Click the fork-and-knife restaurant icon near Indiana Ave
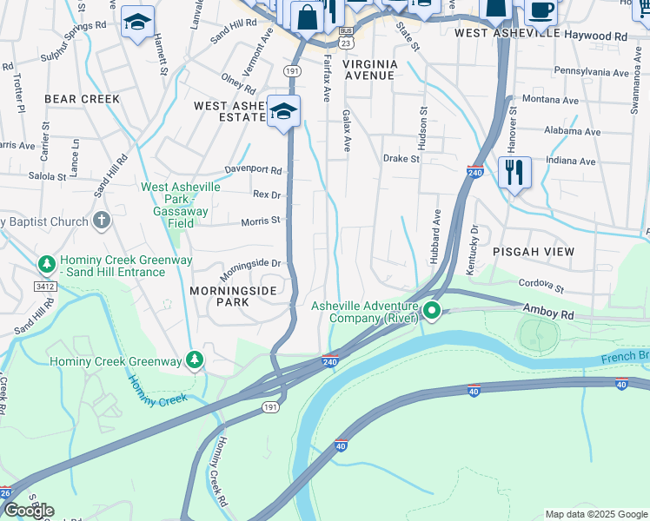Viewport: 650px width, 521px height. click(515, 172)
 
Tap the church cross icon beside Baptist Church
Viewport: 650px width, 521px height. click(101, 221)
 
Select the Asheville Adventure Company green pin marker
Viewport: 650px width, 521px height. click(431, 309)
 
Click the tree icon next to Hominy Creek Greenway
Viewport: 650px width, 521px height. click(196, 359)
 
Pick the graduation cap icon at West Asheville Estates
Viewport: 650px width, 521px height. click(283, 112)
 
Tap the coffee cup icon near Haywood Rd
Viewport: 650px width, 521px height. click(541, 12)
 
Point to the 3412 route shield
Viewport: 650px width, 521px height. click(46, 284)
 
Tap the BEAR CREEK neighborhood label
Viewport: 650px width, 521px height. click(82, 99)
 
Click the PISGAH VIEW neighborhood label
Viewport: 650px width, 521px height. click(534, 251)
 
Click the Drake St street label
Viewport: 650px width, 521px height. click(401, 159)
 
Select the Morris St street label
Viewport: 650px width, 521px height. click(262, 221)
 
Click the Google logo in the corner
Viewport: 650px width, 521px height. click(28, 511)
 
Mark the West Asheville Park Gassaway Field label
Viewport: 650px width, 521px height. click(181, 205)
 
